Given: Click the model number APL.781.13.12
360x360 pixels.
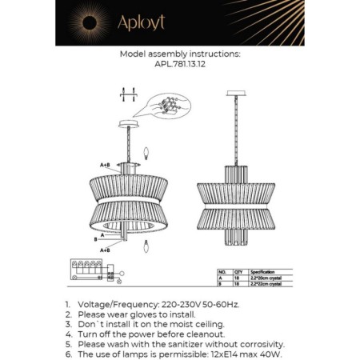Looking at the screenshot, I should click(180, 67).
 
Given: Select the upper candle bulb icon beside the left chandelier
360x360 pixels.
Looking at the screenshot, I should click(145, 150).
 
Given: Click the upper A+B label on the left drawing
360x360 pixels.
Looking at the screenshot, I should click(105, 164).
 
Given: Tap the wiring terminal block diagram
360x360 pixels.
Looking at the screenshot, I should click(90, 271).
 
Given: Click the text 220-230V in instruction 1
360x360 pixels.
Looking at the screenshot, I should click(194, 305).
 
